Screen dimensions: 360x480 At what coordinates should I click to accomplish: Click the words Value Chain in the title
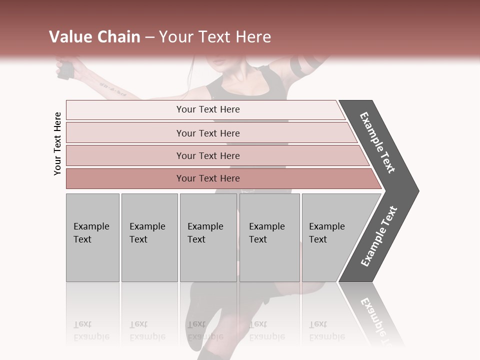point(94,37)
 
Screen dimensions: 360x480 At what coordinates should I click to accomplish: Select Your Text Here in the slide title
point(215,37)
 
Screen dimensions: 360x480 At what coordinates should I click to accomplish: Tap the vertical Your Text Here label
point(57,143)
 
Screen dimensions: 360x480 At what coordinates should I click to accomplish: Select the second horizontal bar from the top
point(207,133)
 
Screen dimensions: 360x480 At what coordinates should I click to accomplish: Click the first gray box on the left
point(92,237)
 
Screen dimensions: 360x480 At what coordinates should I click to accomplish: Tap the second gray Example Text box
point(149,237)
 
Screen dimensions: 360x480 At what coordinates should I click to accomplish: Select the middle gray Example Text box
point(208,237)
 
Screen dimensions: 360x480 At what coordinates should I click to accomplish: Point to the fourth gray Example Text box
point(269,237)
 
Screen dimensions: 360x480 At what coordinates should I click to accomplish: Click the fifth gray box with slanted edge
point(330,237)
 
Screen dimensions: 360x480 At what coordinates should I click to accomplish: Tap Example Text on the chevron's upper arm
point(378,142)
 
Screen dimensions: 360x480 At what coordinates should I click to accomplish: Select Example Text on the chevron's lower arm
point(379,236)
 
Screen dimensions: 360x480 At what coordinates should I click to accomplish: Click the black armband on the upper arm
point(302,66)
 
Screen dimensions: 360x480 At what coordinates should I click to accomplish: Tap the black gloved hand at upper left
point(65,69)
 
